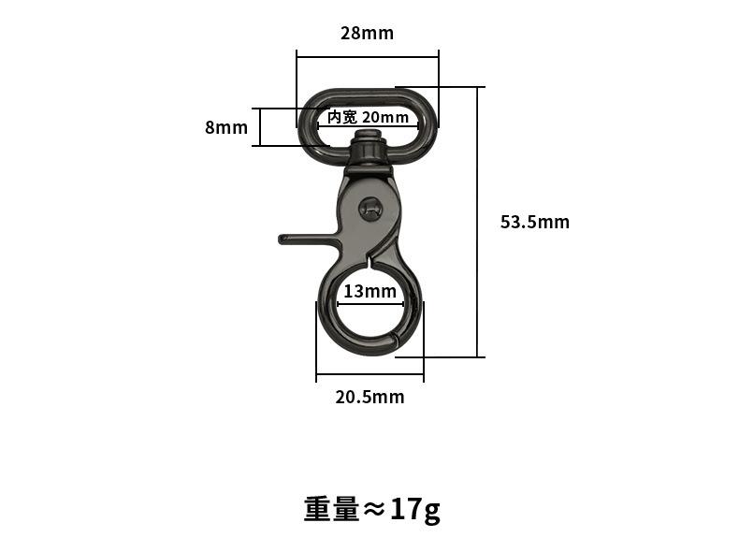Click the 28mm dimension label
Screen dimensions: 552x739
click(x=367, y=34)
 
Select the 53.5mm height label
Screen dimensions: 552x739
click(x=534, y=222)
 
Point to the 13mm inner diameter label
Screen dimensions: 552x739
click(x=369, y=291)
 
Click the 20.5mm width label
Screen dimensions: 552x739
click(x=369, y=397)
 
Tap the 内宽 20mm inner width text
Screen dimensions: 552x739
click(x=368, y=117)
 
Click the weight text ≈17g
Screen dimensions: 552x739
click(x=371, y=509)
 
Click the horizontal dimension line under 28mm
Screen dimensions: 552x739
click(x=367, y=57)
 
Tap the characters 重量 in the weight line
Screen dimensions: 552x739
click(x=331, y=509)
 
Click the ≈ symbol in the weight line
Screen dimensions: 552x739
click(x=374, y=509)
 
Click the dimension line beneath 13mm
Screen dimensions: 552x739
click(x=369, y=303)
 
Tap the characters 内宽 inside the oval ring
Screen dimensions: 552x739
click(x=342, y=117)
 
